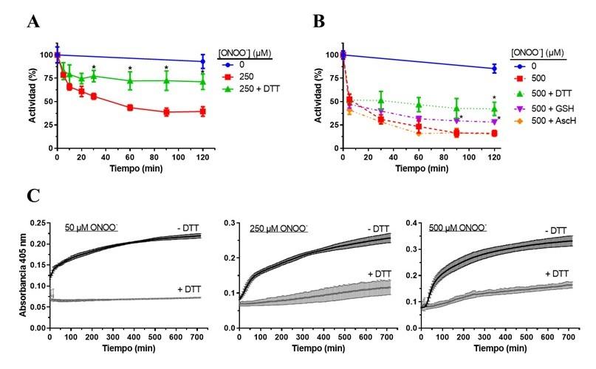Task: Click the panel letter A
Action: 32,21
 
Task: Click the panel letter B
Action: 319,21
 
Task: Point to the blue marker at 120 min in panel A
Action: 202,61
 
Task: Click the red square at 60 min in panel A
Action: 130,108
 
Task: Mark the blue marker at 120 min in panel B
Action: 493,69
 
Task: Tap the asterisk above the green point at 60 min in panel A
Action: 130,69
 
